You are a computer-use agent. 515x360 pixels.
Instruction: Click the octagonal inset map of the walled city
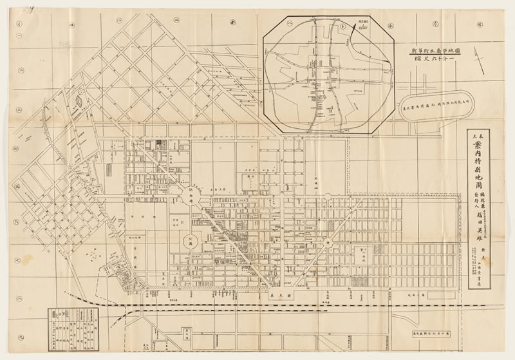click(x=332, y=75)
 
